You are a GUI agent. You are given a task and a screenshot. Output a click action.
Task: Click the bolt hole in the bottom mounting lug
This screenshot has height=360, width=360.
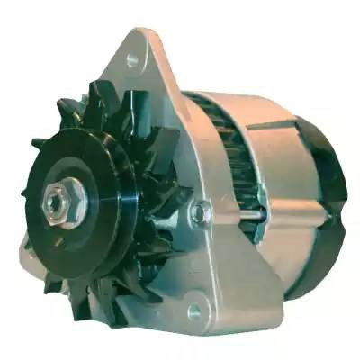(x=193, y=312)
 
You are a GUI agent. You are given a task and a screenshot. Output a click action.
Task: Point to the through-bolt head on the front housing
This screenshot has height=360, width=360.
(x=200, y=213)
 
